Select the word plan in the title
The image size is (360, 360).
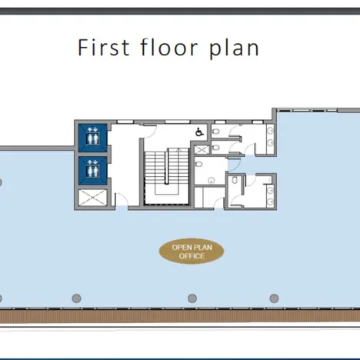click(x=234, y=48)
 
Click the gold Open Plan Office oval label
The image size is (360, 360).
click(x=192, y=251)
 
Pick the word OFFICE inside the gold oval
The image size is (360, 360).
click(x=192, y=256)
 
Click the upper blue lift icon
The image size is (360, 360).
click(x=92, y=137)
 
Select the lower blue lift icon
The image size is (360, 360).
click(x=92, y=168)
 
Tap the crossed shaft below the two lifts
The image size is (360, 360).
click(x=92, y=197)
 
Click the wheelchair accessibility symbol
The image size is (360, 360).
click(x=199, y=132)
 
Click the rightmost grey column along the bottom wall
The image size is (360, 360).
click(x=272, y=298)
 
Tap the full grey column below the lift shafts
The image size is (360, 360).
click(x=76, y=298)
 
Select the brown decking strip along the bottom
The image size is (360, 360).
click(x=180, y=315)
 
